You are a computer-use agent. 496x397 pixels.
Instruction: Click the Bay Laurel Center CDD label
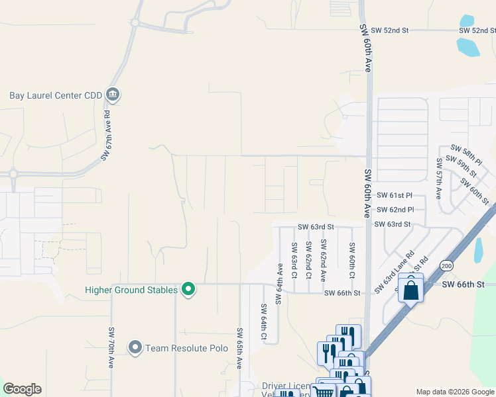tap(56, 95)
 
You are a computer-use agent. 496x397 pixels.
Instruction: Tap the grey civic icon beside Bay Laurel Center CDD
tap(112, 95)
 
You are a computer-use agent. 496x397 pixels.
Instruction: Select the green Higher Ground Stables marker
tap(188, 289)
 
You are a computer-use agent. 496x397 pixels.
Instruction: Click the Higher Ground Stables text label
tap(131, 290)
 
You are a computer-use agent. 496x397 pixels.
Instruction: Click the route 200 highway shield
tap(446, 265)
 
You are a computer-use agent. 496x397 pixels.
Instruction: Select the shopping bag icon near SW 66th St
tap(411, 289)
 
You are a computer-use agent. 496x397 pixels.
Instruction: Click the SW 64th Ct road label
tap(264, 322)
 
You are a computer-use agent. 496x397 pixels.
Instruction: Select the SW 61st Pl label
tap(395, 196)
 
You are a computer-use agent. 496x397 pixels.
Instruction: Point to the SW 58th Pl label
tap(464, 154)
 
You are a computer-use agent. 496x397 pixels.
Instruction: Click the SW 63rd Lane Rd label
tap(394, 273)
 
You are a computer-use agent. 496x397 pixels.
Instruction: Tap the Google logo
tap(22, 389)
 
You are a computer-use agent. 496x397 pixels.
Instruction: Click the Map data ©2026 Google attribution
tap(454, 392)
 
